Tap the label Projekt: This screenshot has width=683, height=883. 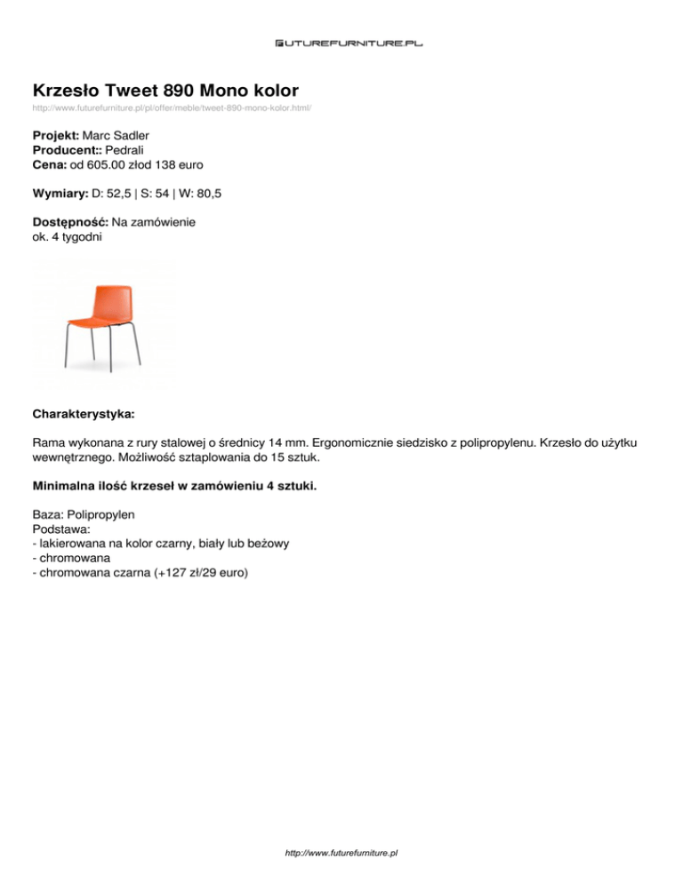[55, 135]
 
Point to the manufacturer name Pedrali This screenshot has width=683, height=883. [126, 149]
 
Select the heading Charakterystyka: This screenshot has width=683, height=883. [84, 414]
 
